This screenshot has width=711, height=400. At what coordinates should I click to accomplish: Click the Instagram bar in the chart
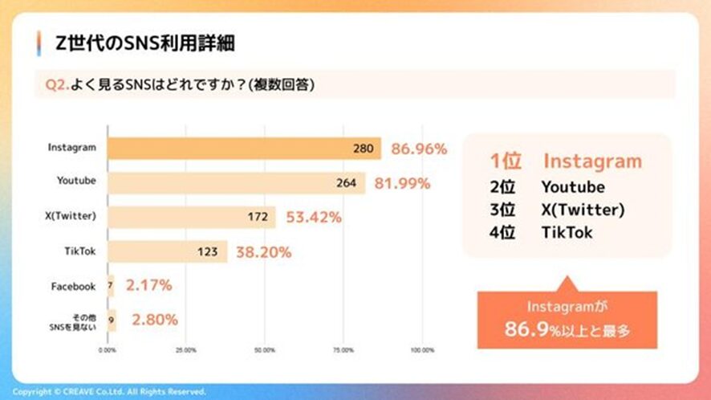tap(244, 149)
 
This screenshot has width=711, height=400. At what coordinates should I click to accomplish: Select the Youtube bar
tap(236, 182)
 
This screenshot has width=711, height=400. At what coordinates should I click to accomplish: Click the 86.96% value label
tap(418, 149)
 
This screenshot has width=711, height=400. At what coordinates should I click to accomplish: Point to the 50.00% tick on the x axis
tap(265, 350)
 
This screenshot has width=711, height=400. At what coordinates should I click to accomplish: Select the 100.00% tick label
tap(422, 350)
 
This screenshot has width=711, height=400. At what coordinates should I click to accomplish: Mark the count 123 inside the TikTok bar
tap(207, 251)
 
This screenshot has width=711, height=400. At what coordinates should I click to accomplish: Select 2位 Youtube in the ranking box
tap(547, 187)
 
